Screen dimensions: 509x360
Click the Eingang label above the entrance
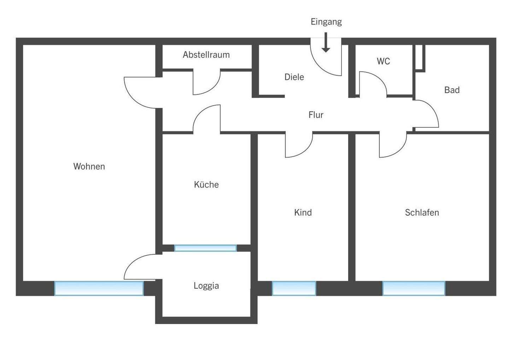coord(326,22)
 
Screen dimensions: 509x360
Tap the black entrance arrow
coord(326,42)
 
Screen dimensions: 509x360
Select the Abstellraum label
coord(206,55)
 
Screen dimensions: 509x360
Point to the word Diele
coord(294,77)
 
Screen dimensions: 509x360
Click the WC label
coord(383,61)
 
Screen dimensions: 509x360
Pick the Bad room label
coord(452,90)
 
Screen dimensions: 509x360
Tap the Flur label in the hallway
coord(316,115)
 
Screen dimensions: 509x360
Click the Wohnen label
coord(89,166)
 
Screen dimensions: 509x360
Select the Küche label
coord(206,184)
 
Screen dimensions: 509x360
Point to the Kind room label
coord(303,213)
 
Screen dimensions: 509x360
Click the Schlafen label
coord(422,213)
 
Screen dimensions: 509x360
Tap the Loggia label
coord(206,286)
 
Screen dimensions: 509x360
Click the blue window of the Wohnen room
coord(99,289)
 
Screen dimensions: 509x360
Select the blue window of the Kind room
coord(294,289)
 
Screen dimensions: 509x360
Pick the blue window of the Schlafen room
coord(414,289)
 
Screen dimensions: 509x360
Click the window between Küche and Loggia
coord(205,248)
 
